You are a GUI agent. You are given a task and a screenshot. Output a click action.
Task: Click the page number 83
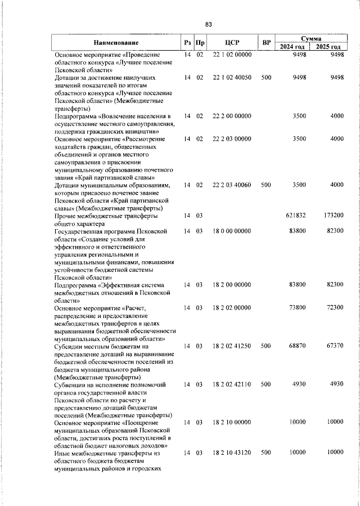click(208, 24)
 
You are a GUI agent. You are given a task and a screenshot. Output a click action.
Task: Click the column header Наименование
click(116, 42)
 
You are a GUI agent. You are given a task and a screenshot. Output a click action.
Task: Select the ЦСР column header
click(232, 42)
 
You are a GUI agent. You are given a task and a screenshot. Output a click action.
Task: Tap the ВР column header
click(267, 42)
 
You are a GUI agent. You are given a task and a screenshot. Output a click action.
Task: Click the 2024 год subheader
click(295, 47)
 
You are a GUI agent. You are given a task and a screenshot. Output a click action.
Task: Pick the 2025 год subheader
click(328, 47)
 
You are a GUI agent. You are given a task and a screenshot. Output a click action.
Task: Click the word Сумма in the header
click(311, 38)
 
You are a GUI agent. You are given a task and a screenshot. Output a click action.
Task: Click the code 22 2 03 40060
click(232, 185)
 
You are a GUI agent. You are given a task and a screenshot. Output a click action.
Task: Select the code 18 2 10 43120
click(232, 453)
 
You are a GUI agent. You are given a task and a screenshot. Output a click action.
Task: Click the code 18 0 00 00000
click(232, 231)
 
